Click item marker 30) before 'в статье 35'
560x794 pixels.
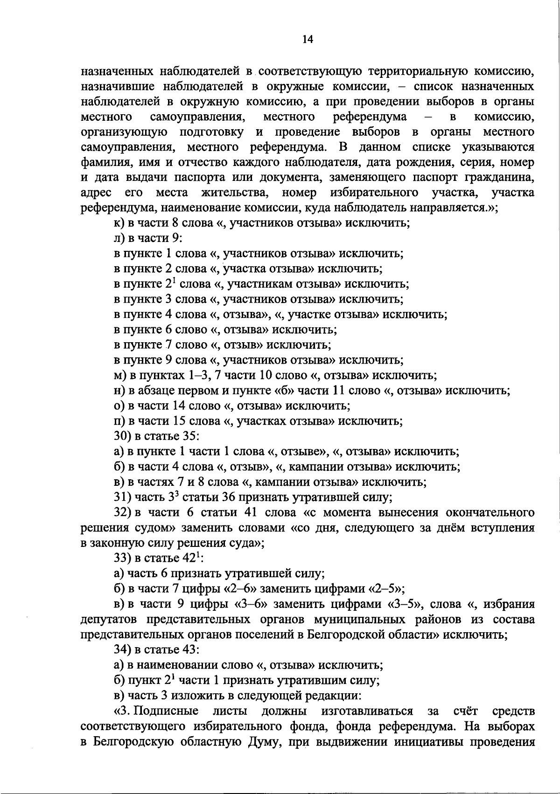[x=123, y=436]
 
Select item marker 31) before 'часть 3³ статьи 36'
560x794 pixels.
[x=123, y=497]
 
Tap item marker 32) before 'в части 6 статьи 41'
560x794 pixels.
[x=123, y=512]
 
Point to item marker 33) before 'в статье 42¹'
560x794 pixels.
[x=123, y=558]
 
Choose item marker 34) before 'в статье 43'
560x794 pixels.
[x=123, y=649]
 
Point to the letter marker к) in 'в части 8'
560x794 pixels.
[x=118, y=223]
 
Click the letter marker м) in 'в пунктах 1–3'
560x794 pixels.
[x=119, y=375]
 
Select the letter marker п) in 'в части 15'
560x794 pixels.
[x=119, y=421]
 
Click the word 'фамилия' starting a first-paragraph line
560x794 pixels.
[x=102, y=163]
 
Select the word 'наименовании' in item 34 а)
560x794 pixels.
[x=175, y=665]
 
